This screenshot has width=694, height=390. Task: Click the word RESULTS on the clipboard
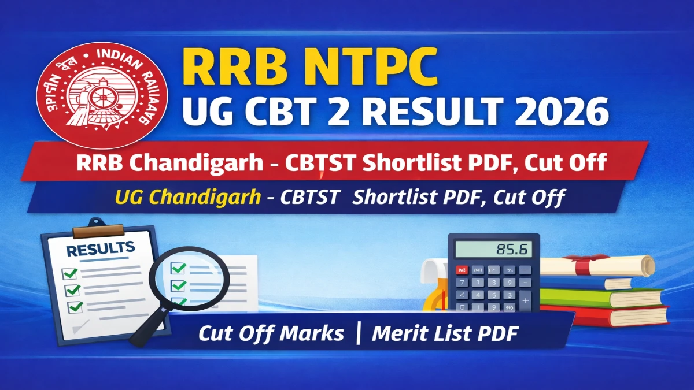pos(100,250)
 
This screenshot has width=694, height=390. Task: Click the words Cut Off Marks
pos(271,333)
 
